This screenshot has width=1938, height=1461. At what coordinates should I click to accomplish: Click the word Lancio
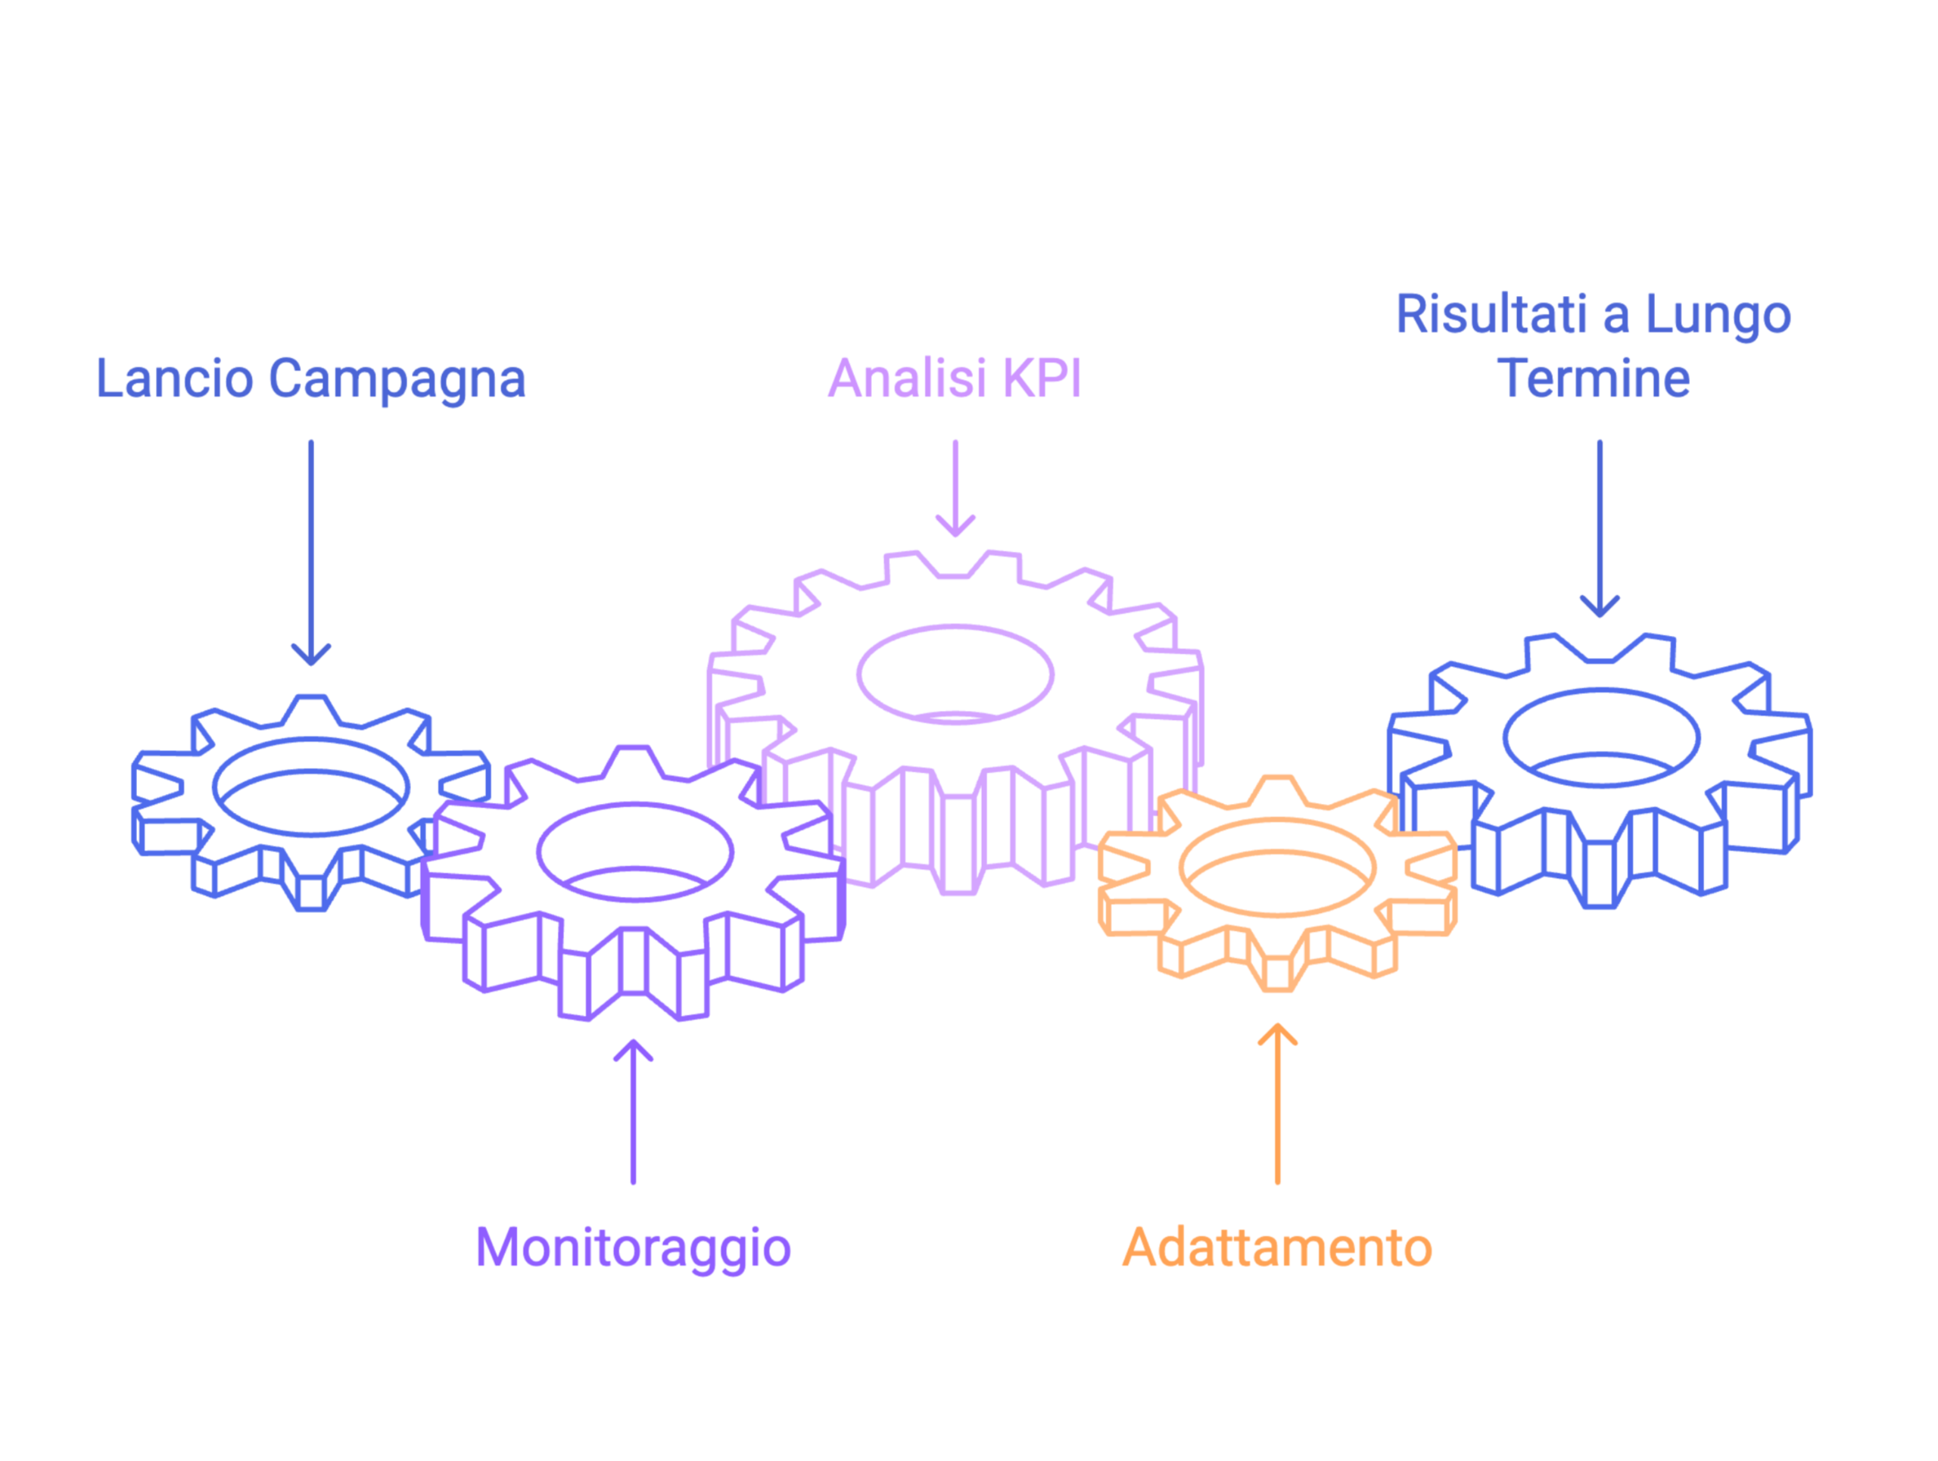coord(173,378)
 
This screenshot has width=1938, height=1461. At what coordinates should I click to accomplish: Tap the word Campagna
coord(396,380)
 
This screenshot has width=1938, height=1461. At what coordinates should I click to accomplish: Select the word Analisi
coord(907,378)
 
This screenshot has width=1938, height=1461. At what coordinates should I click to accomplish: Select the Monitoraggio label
coord(633,1248)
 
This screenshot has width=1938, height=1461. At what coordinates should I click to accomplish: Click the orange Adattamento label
coord(1276,1248)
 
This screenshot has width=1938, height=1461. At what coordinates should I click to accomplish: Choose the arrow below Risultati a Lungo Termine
coord(1599,526)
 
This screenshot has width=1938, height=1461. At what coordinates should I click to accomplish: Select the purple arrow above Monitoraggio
coord(633,1112)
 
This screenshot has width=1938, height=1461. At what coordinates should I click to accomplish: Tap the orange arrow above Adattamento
coord(1276,1104)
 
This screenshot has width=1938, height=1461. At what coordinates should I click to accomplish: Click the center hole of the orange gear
coord(1276,868)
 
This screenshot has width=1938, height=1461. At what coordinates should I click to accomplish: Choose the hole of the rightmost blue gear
coord(1600,737)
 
